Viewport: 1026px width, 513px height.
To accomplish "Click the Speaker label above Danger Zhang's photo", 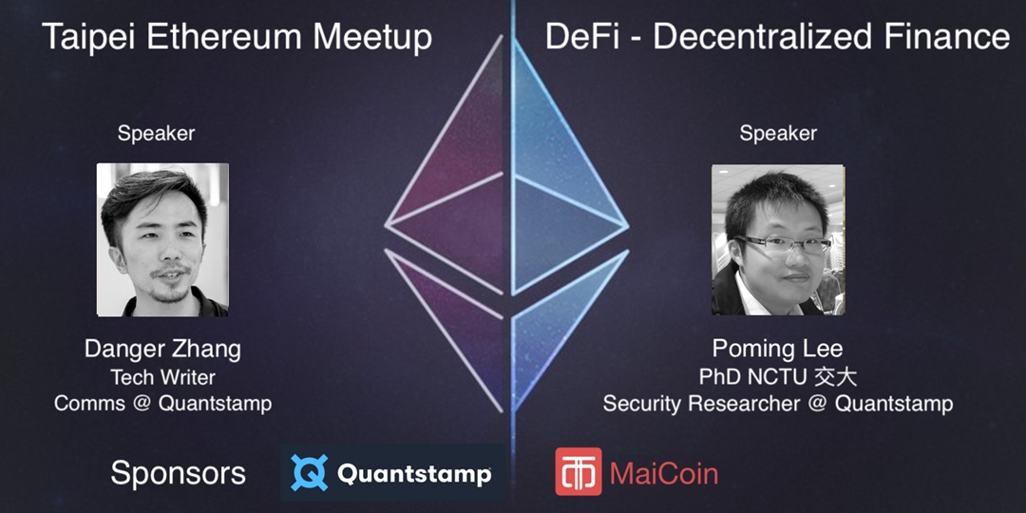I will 156,134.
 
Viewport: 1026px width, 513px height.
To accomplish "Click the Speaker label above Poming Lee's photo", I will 778,134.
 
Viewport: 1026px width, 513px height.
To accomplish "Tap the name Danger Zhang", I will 162,349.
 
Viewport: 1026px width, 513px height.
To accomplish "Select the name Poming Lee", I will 778,349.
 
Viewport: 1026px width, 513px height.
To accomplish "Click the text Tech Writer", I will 162,377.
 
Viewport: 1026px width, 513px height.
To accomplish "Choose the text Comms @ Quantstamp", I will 162,403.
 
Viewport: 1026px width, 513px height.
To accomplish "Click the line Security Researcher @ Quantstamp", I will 778,403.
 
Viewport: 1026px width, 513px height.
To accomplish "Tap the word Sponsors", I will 178,472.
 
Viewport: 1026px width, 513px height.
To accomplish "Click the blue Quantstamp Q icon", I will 309,472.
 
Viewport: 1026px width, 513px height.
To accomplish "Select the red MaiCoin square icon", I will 578,471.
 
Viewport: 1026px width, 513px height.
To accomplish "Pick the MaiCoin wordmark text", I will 664,472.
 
